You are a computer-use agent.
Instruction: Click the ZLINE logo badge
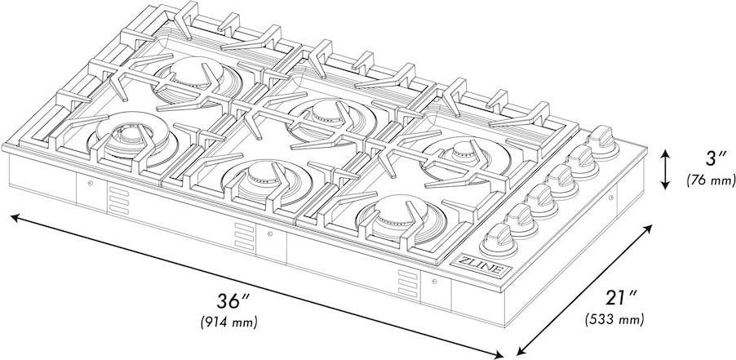(x=481, y=265)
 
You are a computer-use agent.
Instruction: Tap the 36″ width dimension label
(x=233, y=301)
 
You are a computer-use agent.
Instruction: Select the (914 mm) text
(x=229, y=323)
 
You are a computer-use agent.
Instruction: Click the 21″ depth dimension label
(x=621, y=298)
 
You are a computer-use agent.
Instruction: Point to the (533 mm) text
(x=614, y=320)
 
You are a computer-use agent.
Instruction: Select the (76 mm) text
(x=711, y=180)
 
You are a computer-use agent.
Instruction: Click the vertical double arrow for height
(x=665, y=170)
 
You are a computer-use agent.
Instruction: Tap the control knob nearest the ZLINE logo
(x=498, y=240)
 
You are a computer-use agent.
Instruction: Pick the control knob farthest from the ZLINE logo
(x=603, y=141)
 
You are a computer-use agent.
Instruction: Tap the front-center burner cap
(x=264, y=176)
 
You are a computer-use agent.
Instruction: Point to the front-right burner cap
(x=398, y=212)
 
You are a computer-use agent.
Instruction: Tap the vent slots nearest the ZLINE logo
(x=408, y=283)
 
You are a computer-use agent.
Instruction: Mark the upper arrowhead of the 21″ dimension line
(x=648, y=229)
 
